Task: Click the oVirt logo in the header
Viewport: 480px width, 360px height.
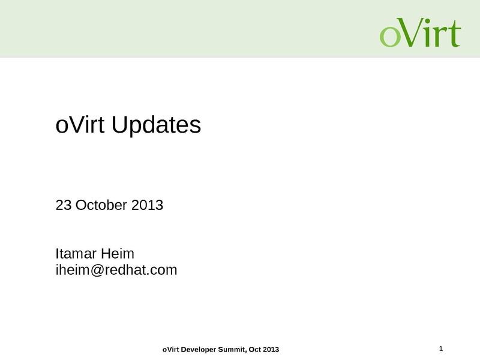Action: point(421,32)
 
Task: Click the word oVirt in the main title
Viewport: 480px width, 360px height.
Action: point(80,125)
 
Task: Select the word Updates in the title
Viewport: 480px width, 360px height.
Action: point(156,126)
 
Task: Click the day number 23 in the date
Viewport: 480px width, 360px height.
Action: point(64,205)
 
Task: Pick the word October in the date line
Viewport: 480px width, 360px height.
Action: point(101,205)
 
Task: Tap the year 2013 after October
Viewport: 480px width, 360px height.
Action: point(147,205)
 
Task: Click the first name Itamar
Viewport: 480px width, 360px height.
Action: point(76,253)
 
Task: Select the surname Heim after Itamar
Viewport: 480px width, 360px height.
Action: point(118,253)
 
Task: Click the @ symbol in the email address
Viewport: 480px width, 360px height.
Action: point(97,271)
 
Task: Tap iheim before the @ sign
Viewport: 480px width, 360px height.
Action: point(73,269)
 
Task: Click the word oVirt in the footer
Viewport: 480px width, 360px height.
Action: point(171,350)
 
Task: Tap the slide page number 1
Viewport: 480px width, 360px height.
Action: point(441,349)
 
